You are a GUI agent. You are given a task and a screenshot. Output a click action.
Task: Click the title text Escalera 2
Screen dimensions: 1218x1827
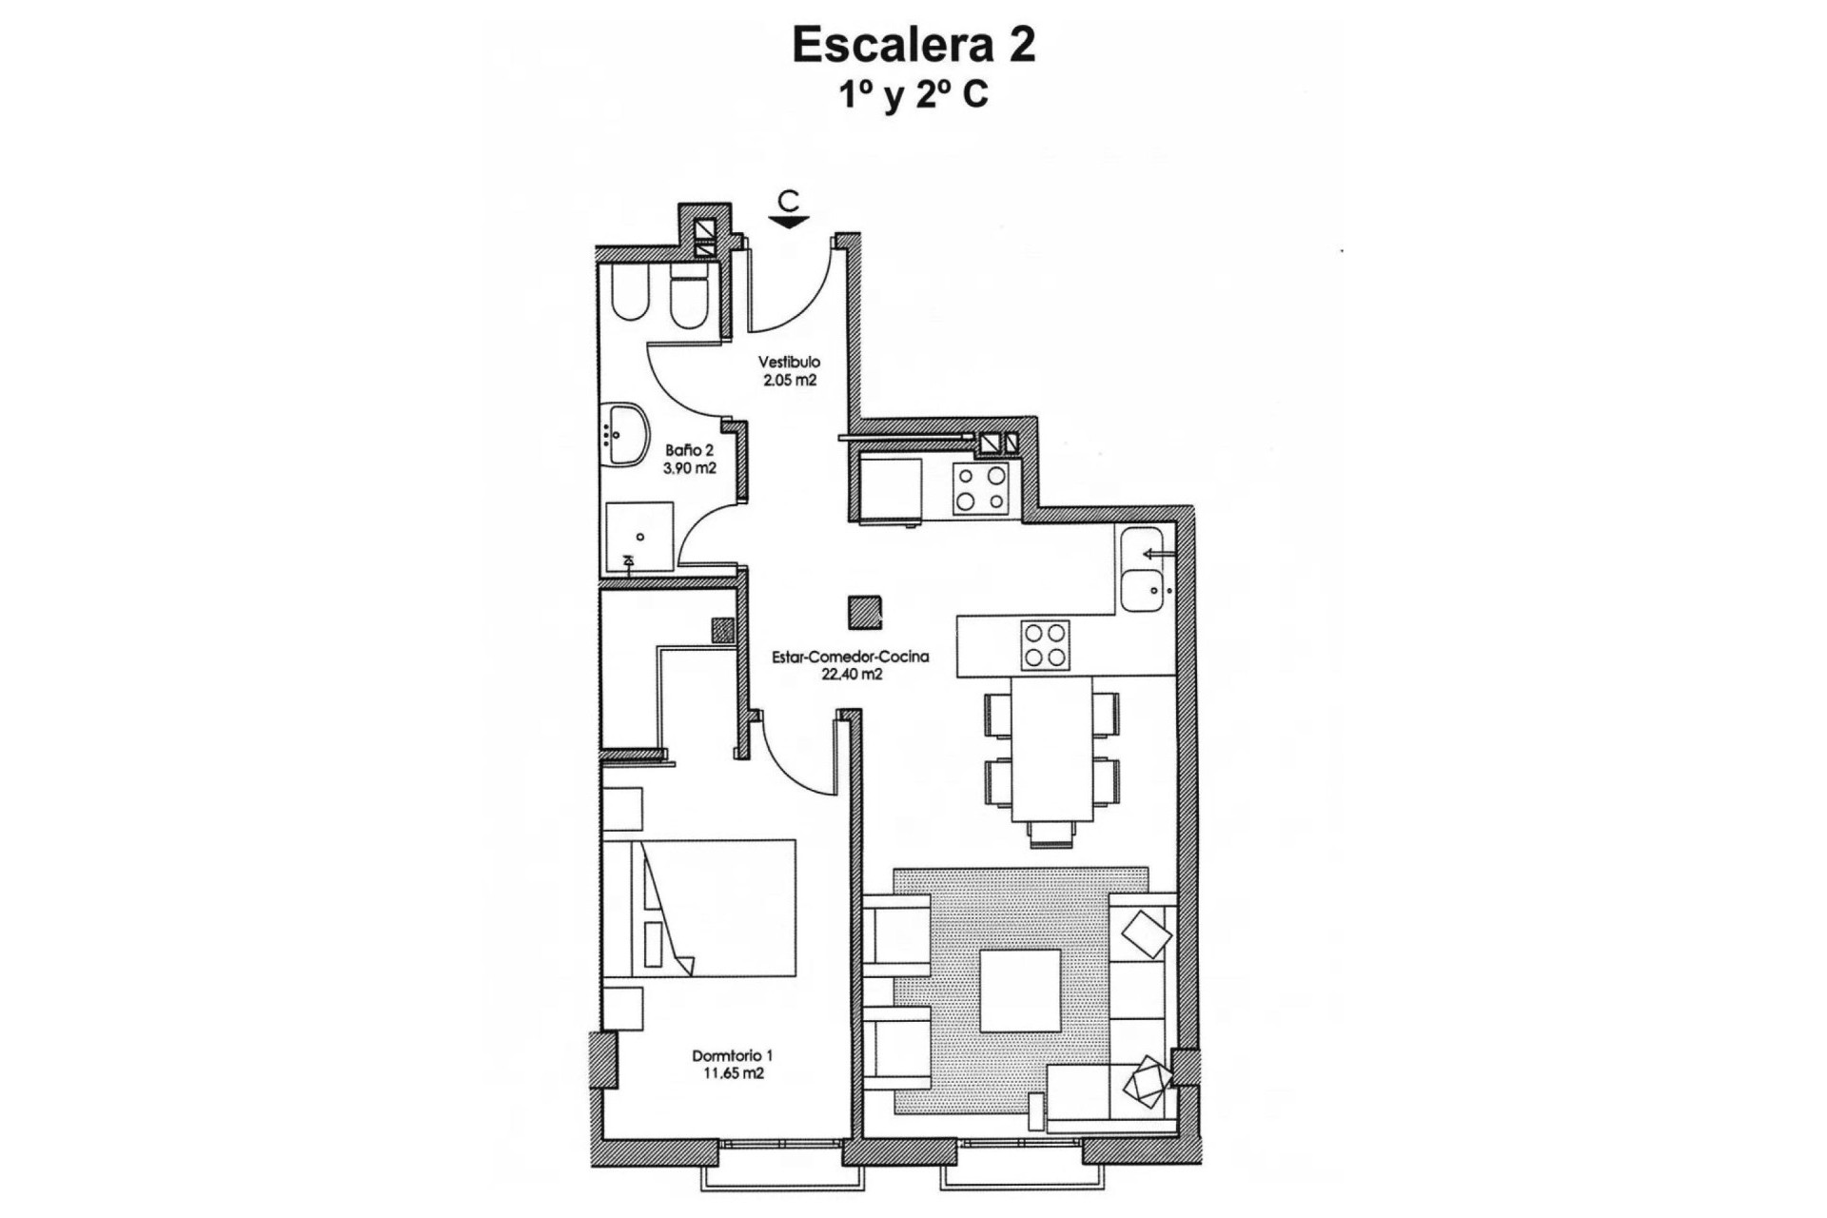point(913,46)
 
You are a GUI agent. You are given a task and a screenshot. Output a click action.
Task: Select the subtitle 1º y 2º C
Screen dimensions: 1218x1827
point(913,95)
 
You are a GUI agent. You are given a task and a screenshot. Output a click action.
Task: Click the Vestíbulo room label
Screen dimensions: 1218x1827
point(789,363)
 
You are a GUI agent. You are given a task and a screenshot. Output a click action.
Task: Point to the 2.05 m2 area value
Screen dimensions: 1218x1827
point(789,380)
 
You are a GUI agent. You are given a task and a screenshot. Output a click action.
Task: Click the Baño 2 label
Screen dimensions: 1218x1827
point(690,450)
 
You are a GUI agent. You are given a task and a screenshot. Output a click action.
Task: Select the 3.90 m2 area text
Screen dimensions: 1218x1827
point(690,468)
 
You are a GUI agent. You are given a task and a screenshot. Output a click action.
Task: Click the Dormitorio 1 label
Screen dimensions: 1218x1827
point(733,1055)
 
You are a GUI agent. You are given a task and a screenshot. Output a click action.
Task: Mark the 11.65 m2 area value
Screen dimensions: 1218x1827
point(733,1073)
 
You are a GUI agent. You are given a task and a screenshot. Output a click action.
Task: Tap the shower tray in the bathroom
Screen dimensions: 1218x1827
point(639,538)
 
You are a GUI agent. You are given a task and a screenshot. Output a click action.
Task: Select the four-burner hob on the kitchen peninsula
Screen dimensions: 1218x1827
point(1045,645)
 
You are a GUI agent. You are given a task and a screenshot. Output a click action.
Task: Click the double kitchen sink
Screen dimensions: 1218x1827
point(1142,568)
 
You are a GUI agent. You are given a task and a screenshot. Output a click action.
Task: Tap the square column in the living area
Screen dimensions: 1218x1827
point(866,611)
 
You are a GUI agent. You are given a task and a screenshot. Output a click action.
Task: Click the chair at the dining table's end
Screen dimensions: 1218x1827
point(1051,834)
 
